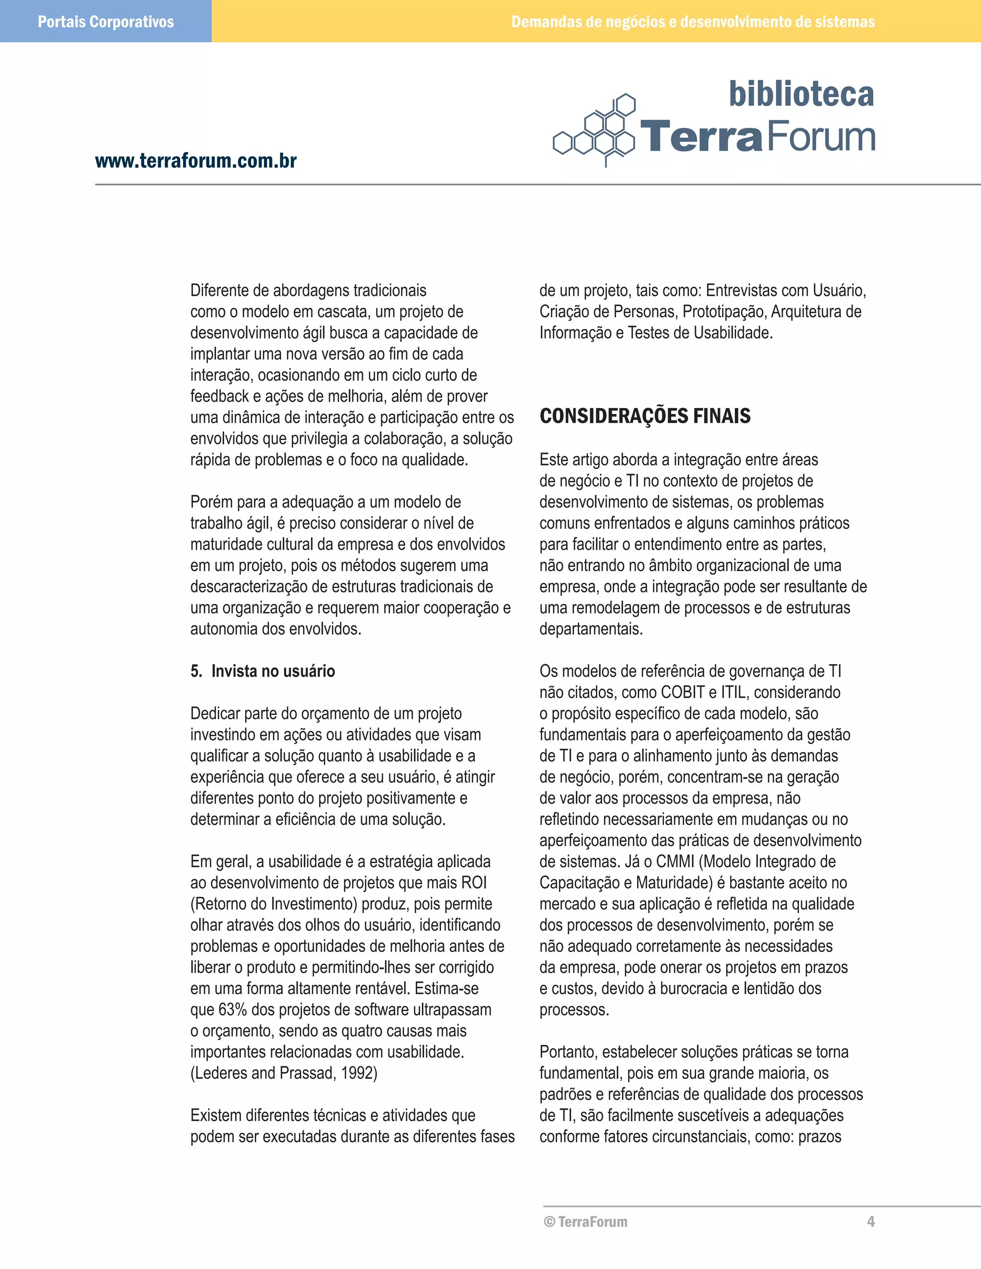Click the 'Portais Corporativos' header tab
pos(105,22)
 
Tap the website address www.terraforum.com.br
pos(196,160)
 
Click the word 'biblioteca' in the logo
pos(801,94)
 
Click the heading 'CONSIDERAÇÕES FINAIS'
pos(645,416)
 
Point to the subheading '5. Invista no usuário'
pos(262,671)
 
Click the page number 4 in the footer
pos(870,1222)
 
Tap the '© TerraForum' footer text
pos(586,1222)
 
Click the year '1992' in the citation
pos(359,1073)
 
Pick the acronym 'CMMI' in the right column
pos(675,861)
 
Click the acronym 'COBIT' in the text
pos(683,692)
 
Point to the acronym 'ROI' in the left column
pos(474,883)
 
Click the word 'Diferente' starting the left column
pos(221,291)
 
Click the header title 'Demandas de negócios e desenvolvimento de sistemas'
pos(693,22)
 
